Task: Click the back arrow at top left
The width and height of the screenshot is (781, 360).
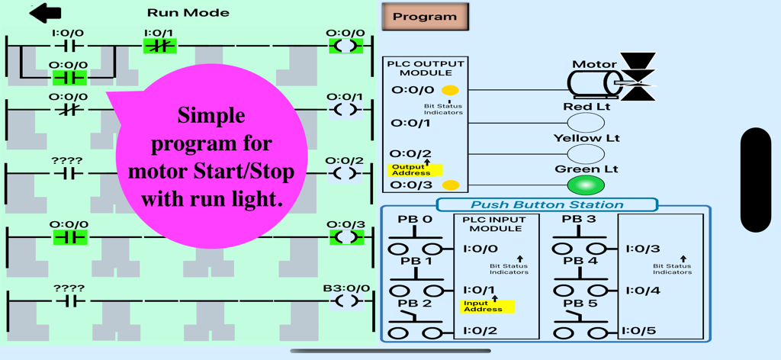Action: (x=45, y=13)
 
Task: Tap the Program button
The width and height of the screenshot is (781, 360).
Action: (x=425, y=17)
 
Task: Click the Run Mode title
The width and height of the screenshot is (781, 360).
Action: (x=188, y=12)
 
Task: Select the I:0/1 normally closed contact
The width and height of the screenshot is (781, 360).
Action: (x=159, y=46)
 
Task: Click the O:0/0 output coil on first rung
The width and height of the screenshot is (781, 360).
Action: (x=346, y=46)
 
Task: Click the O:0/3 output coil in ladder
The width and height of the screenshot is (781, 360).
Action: (x=346, y=237)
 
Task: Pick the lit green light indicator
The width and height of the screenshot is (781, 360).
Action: (x=586, y=185)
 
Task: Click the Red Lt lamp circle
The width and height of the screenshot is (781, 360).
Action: (x=586, y=123)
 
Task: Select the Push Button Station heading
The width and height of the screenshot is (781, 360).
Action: (x=546, y=204)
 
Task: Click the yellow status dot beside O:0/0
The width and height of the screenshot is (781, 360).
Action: (x=451, y=90)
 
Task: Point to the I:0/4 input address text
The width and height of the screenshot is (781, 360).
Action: (x=642, y=290)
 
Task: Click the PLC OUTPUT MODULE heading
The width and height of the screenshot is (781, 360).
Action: (x=425, y=69)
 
